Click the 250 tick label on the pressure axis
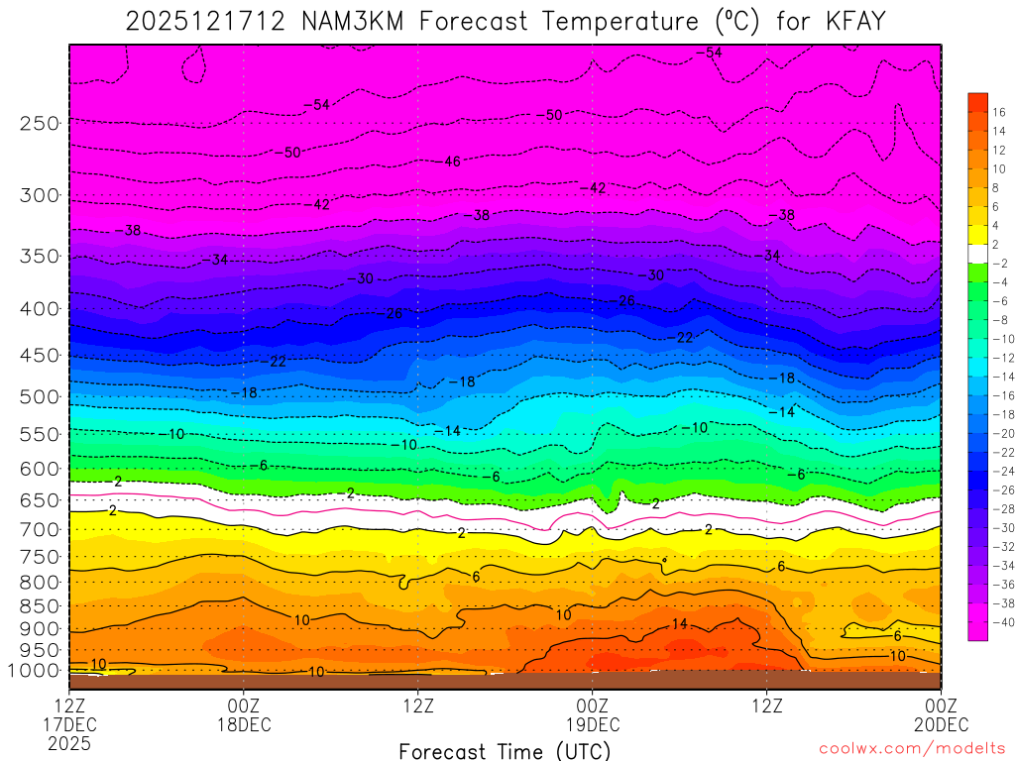pos(40,124)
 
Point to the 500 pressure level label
pos(40,397)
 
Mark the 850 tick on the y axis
pos(40,606)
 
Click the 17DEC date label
pos(70,724)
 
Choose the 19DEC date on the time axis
pos(592,724)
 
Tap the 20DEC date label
pos(940,724)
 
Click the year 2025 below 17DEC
pos(70,742)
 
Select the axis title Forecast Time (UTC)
pos(505,750)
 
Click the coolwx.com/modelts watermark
pos(912,750)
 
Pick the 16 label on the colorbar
pos(999,112)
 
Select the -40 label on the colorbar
pos(997,622)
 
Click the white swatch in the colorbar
pos(977,253)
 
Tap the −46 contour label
pos(452,162)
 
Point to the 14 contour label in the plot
pos(679,624)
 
